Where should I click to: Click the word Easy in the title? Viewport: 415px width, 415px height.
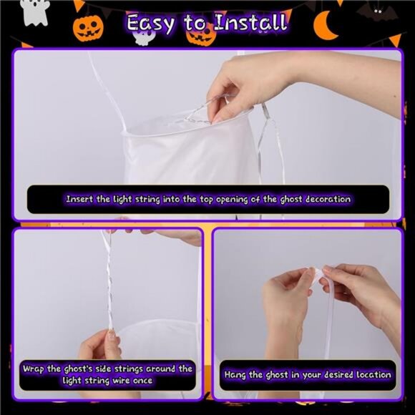pos(150,24)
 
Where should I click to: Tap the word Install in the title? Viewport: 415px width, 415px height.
pos(250,22)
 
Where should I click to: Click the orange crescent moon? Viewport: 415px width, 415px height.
pos(325,26)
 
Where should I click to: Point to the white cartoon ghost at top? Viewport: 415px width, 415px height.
pos(35,12)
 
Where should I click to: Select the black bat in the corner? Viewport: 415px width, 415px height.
pos(378,12)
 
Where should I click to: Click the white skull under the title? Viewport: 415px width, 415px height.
pos(142,36)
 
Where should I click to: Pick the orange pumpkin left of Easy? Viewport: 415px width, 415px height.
pos(88,28)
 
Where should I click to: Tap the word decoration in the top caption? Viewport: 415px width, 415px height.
pos(328,199)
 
